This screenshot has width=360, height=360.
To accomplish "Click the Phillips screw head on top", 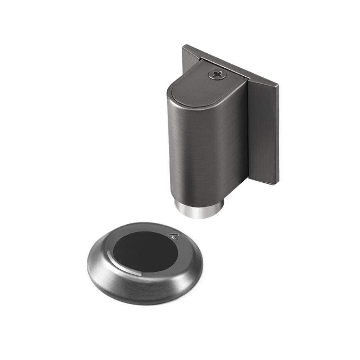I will (217, 74).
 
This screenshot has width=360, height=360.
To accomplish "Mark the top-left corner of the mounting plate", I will (184, 46).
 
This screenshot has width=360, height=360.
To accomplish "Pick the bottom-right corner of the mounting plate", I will (278, 184).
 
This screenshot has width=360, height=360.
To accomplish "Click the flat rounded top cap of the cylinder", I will (201, 88).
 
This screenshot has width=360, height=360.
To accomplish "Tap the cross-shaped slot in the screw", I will (217, 74).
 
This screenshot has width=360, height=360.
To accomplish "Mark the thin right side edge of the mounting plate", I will (278, 137).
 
